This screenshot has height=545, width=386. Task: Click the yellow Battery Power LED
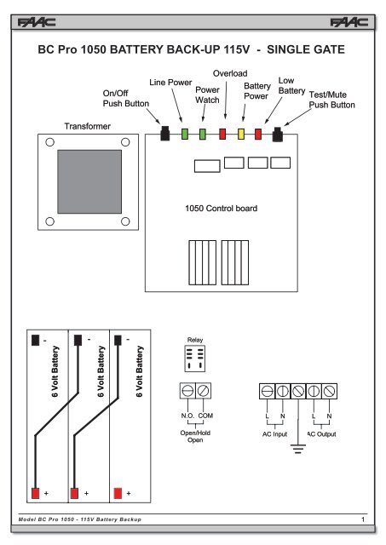(241, 134)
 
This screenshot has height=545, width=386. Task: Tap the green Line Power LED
(185, 134)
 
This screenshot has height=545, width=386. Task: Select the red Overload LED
(222, 134)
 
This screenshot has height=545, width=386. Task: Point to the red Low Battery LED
(258, 134)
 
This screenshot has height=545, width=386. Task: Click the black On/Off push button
(165, 134)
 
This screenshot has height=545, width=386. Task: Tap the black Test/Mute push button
(277, 135)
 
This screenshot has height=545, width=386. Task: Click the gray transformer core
(89, 181)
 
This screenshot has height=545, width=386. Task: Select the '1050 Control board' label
(222, 208)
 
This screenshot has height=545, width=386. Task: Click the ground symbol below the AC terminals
(298, 449)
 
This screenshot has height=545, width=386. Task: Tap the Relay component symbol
(195, 359)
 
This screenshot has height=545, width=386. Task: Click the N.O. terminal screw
(187, 391)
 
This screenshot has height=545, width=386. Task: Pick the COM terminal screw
(203, 391)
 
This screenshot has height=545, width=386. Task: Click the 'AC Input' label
(274, 434)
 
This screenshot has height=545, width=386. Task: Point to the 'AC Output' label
(322, 434)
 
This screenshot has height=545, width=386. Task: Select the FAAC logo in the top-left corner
(37, 23)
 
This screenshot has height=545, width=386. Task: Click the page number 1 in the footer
(363, 519)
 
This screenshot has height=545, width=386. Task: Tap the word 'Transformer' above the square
(87, 126)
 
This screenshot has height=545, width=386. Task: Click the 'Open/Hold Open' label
(195, 436)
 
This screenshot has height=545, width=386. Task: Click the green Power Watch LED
(203, 134)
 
